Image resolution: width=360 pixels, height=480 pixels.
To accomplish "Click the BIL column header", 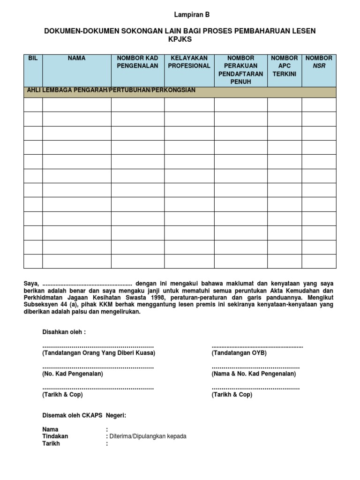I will point(33,58).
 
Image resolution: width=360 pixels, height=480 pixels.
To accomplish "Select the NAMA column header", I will point(76,58).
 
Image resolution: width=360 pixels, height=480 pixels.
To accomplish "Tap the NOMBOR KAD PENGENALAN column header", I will point(137,62).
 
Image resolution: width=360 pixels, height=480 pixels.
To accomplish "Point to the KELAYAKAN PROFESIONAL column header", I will point(189,62).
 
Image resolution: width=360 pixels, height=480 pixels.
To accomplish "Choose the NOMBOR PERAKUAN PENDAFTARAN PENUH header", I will point(240,70).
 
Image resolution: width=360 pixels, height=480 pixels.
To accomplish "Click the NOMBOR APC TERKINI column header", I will point(284,66).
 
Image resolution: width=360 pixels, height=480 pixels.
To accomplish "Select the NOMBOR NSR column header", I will point(319,62).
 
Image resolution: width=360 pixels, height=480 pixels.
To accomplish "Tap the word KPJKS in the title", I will point(180,40).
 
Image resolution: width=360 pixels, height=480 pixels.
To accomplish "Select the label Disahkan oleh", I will point(64,332).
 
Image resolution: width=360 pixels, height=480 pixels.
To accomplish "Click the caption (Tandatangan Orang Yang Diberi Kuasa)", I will point(98,352).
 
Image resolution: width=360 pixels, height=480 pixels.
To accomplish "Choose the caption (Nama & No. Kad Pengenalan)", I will point(254,374).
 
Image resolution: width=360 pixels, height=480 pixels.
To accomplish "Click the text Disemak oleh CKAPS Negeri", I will point(84,415).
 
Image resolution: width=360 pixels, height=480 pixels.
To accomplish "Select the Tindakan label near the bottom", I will point(55,436).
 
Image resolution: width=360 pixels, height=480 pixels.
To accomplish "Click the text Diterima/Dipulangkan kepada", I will point(148,436).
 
